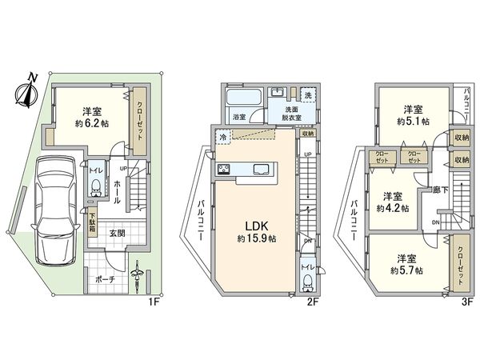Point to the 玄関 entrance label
[x=118, y=233]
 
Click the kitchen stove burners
[x=223, y=170]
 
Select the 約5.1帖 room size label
[x=411, y=121]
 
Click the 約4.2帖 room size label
[x=392, y=207]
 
